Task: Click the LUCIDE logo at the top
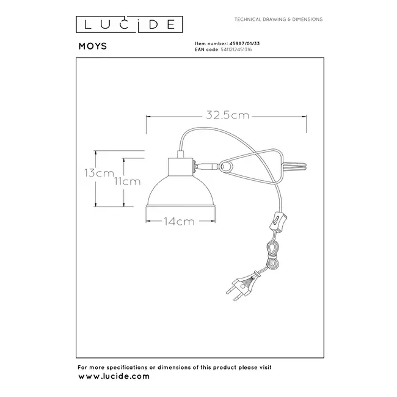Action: tap(128, 24)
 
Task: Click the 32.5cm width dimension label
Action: tap(225, 114)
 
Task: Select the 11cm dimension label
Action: tap(127, 181)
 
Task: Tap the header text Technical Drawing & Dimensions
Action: tap(279, 20)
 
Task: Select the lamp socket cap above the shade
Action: tap(181, 165)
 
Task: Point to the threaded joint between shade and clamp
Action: tap(206, 165)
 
